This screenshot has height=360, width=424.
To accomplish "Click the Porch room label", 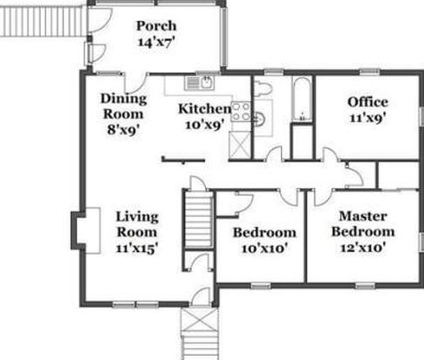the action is coord(156,26).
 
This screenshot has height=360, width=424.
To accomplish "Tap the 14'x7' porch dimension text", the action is coord(156,43).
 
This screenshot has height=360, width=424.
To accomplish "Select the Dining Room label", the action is coord(123,106).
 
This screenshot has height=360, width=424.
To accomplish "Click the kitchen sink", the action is coord(200,83).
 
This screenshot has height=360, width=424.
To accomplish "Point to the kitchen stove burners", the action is coord(241,112).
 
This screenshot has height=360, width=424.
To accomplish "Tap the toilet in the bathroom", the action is coord(263,87).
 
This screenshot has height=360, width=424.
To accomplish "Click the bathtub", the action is coord(302,99).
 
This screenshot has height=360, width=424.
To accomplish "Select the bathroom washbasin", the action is coord(261,119).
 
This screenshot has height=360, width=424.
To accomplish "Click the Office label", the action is coord(367,102).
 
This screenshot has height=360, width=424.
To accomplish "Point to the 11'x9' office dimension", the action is coord(367,119).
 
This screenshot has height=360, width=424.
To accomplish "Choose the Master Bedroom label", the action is coord(363,224).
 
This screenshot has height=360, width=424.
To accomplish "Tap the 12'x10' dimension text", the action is coord(363,248).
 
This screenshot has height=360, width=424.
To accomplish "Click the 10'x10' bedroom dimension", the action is coord(264,248).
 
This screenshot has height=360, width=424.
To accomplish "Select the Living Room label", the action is coord(137,224).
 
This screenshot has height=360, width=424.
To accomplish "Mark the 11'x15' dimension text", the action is coord(137,248).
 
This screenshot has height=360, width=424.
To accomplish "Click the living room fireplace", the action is coord(86,231).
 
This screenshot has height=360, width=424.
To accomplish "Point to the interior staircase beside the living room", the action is coord(199,219).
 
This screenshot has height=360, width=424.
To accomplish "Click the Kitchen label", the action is coord(205,109).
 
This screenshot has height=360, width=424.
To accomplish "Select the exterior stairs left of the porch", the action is coord(44,22).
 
